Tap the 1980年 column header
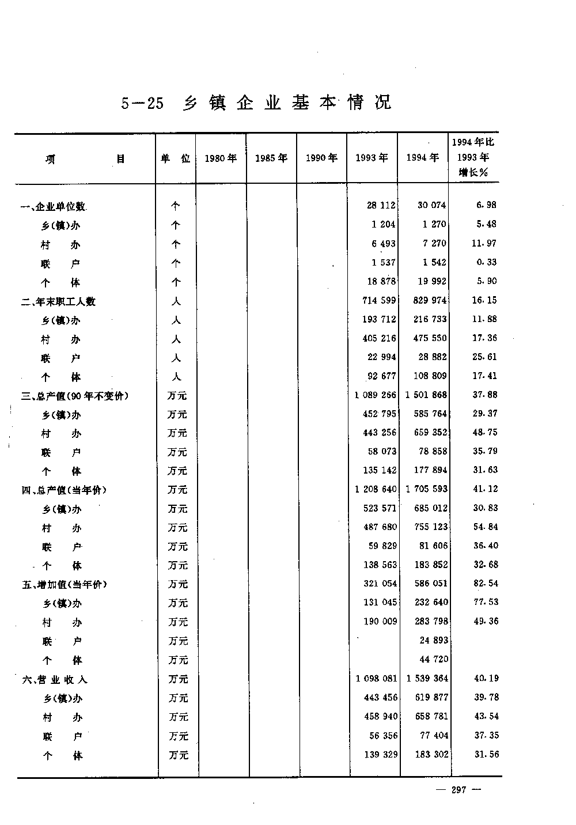[221, 158]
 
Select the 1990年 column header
[321, 158]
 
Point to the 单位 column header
[175, 158]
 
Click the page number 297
[458, 790]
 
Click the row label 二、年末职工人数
[58, 301]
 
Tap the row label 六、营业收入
[55, 679]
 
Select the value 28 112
[381, 205]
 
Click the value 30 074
[431, 205]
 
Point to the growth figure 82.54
[486, 584]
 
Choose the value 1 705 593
[427, 489]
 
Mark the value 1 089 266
[376, 395]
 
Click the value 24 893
[434, 640]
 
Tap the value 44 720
[434, 659]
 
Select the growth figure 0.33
[487, 262]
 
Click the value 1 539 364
[427, 678]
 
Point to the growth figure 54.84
[486, 527]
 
